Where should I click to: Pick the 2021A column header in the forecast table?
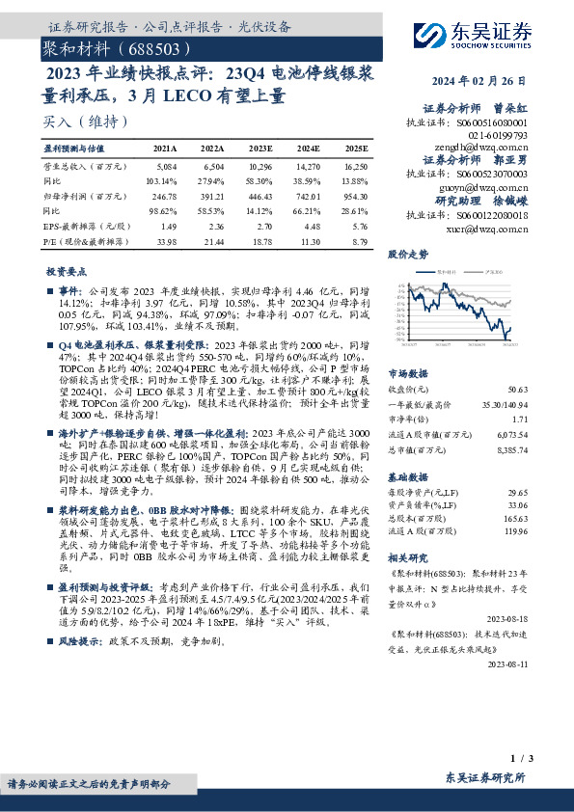[x=166, y=149]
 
